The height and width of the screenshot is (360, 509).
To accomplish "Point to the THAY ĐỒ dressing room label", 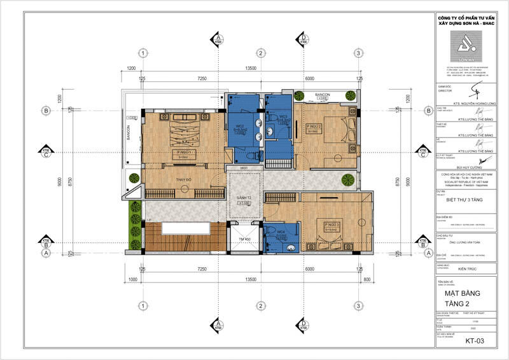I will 185,181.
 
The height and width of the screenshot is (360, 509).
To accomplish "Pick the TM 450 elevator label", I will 244,239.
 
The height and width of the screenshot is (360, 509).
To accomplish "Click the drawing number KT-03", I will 475,341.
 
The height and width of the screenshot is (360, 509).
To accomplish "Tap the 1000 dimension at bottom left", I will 134,279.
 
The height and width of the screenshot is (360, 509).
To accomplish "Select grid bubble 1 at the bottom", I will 144,306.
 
